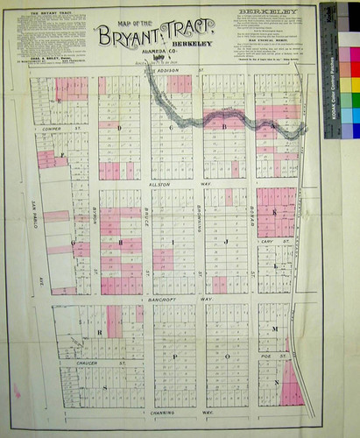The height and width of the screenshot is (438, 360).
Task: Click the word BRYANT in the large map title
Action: (128, 37)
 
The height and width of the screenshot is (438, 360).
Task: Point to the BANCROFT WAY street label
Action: (169, 300)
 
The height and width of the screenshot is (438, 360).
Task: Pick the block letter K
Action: (273, 213)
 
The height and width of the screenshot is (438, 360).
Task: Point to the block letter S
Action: (106, 386)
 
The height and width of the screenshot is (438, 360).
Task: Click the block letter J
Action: (225, 240)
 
